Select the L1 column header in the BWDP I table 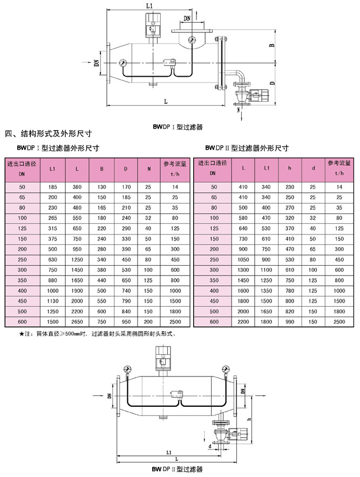[x=52, y=169]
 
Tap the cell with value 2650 [x=77, y=321]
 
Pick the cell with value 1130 [x=52, y=301]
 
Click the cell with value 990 [x=289, y=321]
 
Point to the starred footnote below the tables [x=97, y=334]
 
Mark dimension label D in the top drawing [x=274, y=84]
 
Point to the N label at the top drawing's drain [x=239, y=110]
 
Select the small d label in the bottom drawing [x=209, y=446]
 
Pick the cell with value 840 [x=125, y=311]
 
